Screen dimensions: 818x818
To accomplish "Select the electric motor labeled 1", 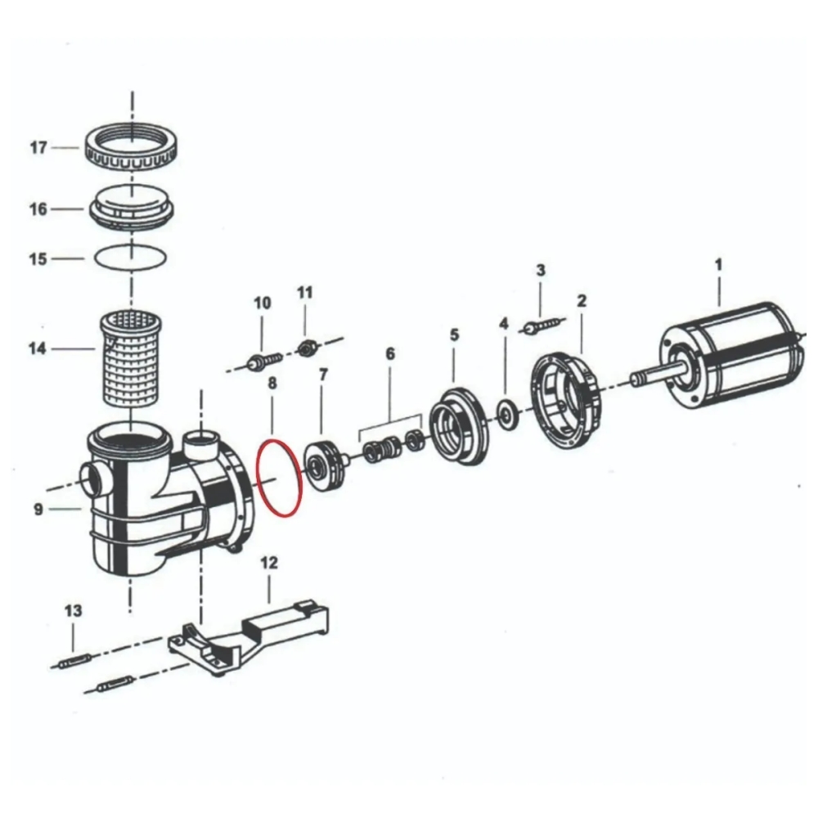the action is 730,355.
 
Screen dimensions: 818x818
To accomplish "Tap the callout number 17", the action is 38,147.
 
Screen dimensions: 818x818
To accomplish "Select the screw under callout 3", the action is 542,326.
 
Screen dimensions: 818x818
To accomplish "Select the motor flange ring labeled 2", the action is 566,401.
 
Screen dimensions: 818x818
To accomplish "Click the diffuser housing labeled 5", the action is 459,425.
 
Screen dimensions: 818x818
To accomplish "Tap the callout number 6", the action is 390,354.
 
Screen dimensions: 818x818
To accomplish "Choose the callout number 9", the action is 38,509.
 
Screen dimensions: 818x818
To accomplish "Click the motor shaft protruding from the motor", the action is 658,374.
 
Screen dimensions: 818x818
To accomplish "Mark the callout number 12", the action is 269,563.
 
